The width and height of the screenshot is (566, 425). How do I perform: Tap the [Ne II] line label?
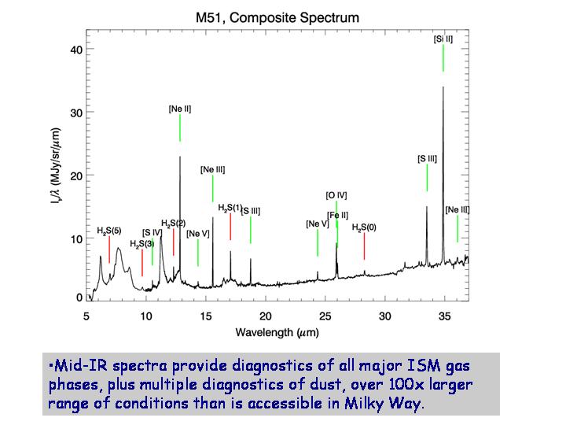coord(180,108)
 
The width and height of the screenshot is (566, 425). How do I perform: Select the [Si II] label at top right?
coord(443,39)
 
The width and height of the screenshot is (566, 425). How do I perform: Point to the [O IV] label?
coord(336,195)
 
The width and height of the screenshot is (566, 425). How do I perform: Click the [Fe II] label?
coord(338,215)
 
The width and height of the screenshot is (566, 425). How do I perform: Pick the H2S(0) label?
coord(364,227)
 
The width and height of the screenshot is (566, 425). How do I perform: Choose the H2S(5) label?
coord(109,230)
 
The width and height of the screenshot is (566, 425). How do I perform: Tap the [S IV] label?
coord(153,231)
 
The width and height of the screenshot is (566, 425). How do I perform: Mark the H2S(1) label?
coord(230,207)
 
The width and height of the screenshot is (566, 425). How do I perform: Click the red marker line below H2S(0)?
coord(364,246)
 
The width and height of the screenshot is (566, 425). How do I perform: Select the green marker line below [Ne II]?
coord(180,128)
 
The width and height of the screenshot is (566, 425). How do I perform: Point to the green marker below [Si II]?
coord(443,57)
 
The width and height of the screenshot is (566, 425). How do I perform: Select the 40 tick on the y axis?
coord(76,50)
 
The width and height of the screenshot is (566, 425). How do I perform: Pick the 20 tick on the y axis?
coord(76,174)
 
